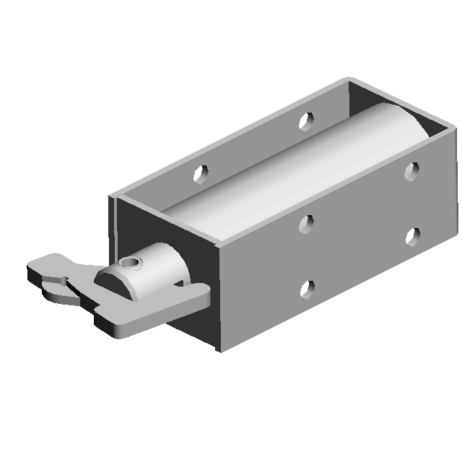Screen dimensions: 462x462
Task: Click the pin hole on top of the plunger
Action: click(131, 262)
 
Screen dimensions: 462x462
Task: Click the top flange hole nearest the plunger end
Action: click(201, 173)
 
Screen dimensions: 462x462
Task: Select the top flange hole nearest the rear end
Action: click(307, 120)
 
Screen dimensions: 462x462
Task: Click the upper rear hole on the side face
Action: click(411, 170)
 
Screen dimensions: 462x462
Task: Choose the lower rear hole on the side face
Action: click(413, 236)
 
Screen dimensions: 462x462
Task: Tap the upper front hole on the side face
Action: click(307, 225)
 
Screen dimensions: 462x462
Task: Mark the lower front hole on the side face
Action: click(307, 290)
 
